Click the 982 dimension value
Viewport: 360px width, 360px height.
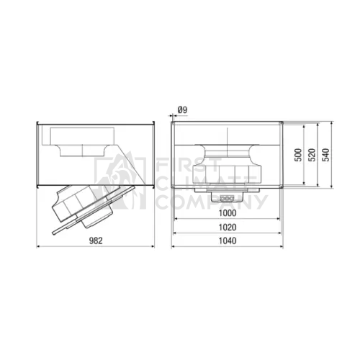[x=96, y=240]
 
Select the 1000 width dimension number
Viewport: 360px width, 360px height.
[x=228, y=213]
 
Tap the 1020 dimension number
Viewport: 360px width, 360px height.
[x=228, y=227]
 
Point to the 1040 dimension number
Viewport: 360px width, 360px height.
[x=228, y=240]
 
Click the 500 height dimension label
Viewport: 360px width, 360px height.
[x=298, y=155]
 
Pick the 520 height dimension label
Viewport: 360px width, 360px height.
[x=312, y=155]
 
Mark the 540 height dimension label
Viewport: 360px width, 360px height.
[x=325, y=155]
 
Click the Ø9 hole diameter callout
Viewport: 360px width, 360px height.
[x=182, y=110]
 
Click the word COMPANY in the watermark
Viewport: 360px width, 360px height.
[x=212, y=202]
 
